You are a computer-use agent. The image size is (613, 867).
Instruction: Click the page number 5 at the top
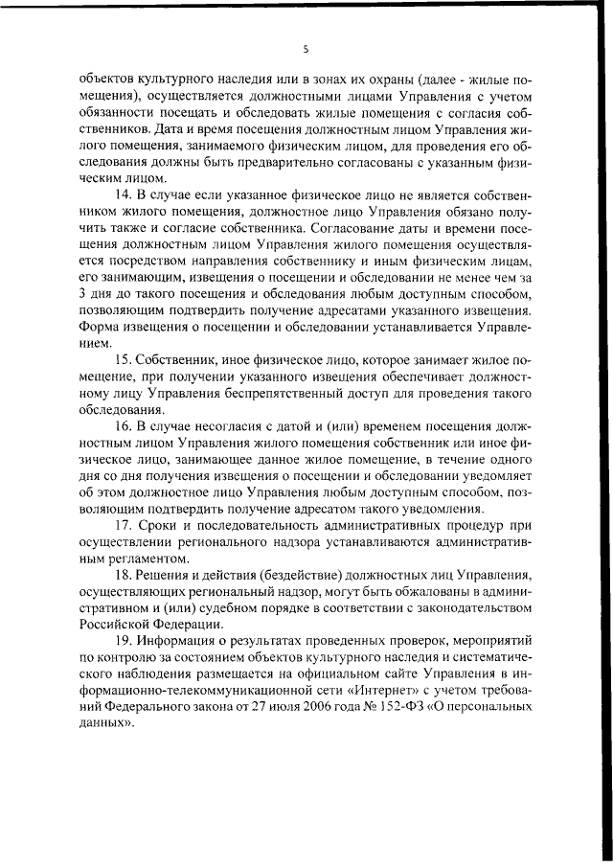coord(306,47)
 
